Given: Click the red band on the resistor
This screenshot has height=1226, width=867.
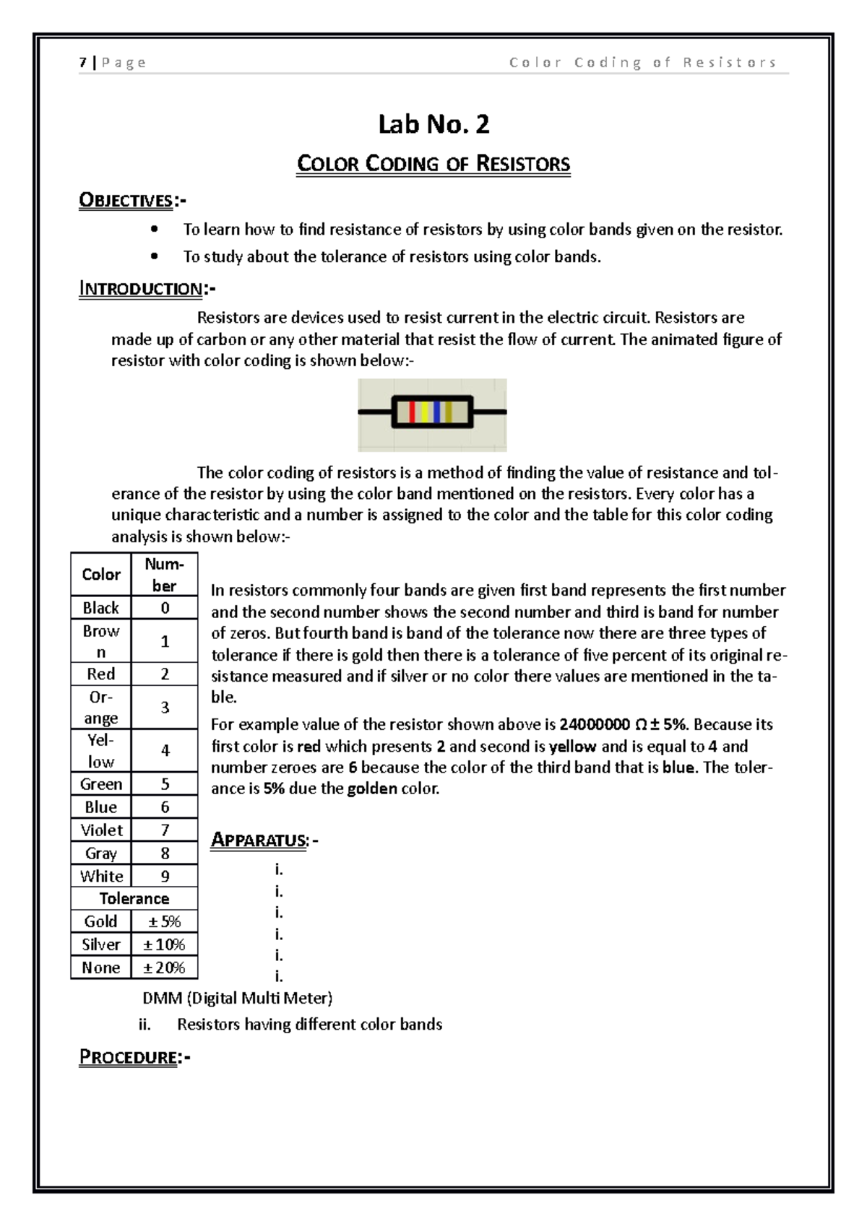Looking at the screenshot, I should click(412, 412).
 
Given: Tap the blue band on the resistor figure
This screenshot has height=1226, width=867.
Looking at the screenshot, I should click(436, 412).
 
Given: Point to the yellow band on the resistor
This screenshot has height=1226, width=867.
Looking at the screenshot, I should click(425, 412).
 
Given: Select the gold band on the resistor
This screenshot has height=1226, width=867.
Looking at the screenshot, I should click(449, 412).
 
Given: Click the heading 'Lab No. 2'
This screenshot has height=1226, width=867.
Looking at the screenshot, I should click(433, 125).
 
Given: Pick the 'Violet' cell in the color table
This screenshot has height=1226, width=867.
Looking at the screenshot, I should click(101, 830).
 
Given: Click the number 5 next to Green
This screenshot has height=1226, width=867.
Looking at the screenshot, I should click(165, 784).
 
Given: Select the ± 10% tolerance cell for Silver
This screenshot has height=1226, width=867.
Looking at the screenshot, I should click(164, 944).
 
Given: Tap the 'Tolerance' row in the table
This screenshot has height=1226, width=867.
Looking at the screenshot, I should click(134, 899).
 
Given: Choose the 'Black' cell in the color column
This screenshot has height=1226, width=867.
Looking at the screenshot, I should click(101, 608).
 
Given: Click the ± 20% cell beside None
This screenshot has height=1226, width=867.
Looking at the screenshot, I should click(164, 968).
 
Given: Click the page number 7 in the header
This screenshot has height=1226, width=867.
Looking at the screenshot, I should click(83, 63).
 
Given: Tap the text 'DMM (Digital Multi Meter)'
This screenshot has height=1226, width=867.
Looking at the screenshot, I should click(237, 999).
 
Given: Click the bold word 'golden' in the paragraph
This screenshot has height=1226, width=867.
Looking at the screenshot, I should click(372, 788).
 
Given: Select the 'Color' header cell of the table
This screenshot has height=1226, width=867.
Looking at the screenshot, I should click(101, 575).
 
